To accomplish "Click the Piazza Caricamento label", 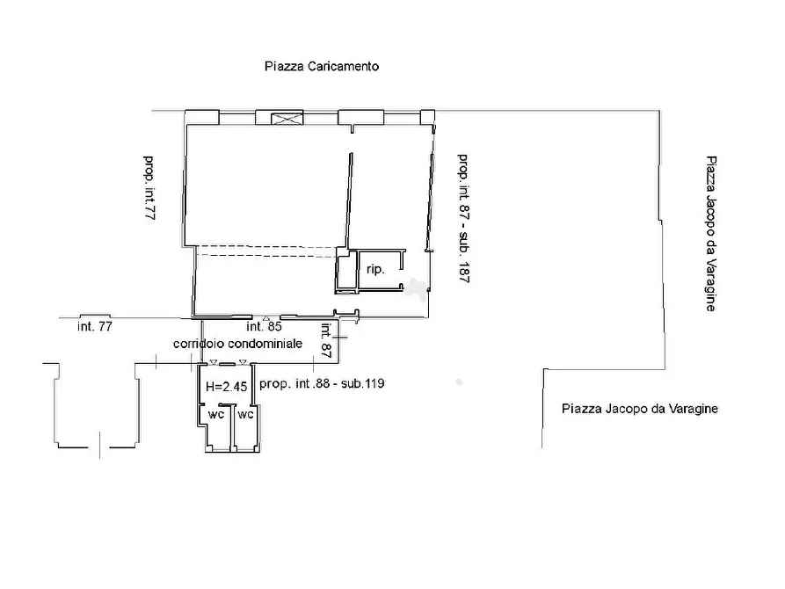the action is pos(322,66).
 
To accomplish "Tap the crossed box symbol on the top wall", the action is pos(287,119).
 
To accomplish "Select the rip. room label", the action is pos(375,270).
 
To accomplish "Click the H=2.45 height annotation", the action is pos(226,386).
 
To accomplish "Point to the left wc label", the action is pos(216,414).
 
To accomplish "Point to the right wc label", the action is pos(245,414).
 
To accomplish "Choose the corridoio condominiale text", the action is pos(238,344).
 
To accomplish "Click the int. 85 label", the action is pos(265,326).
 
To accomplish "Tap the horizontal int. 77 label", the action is pos(95,326).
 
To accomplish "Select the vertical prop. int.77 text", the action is pos(149,188).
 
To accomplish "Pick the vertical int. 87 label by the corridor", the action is pos(326,340).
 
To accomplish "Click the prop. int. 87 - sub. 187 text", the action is pos(463,218).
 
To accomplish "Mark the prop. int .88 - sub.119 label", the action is pos(322,383).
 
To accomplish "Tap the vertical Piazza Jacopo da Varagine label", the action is pos(711,233).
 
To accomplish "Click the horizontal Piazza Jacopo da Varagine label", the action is pos(640,409).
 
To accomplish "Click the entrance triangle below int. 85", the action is pos(266,318).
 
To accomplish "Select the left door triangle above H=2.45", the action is pos(214,362).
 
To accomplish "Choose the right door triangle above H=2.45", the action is pos(243,362).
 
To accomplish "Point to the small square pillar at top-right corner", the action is pos(427,117).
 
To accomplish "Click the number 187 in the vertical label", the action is pos(463,273).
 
